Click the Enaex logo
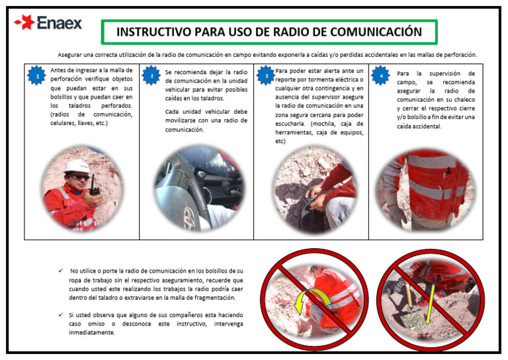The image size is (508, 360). [48, 23]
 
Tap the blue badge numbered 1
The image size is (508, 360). [37, 75]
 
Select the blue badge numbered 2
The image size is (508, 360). [151, 75]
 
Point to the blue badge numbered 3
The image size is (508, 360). [266, 75]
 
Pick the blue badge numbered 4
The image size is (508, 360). [381, 75]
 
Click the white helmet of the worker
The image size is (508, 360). [77, 165]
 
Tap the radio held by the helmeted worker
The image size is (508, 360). [95, 187]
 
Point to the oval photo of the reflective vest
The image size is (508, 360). [425, 189]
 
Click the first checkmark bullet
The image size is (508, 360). [61, 271]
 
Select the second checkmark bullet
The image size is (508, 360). [61, 315]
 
